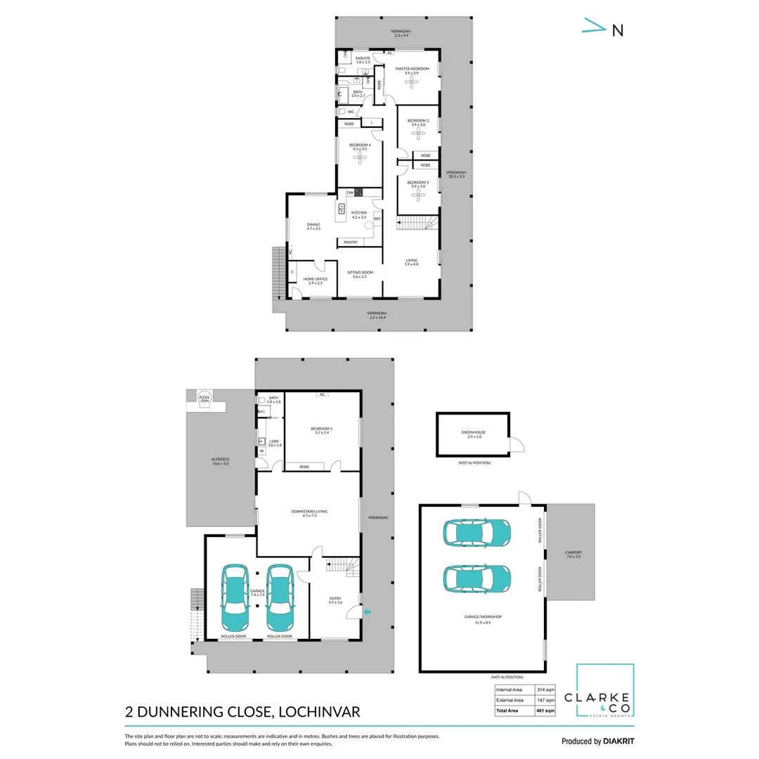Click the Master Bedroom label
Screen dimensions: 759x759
pyautogui.click(x=412, y=69)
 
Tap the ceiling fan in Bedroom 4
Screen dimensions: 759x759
pyautogui.click(x=360, y=159)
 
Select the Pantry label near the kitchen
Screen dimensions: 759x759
pyautogui.click(x=350, y=242)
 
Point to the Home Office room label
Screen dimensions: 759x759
pyautogui.click(x=316, y=279)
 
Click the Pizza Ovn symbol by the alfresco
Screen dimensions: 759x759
pyautogui.click(x=205, y=398)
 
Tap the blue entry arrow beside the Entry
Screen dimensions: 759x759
pyautogui.click(x=366, y=613)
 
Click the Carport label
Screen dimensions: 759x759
pyautogui.click(x=573, y=552)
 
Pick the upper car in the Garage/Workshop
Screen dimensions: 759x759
pyautogui.click(x=476, y=533)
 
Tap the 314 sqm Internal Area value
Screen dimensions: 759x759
pyautogui.click(x=546, y=690)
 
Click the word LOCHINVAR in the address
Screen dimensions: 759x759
pyautogui.click(x=320, y=712)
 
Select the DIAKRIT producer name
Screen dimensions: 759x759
pyautogui.click(x=619, y=741)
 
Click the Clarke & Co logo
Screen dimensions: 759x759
pyautogui.click(x=604, y=692)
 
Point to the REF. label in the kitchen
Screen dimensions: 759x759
pyautogui.click(x=377, y=219)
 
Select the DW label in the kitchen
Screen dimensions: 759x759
pyautogui.click(x=349, y=192)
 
